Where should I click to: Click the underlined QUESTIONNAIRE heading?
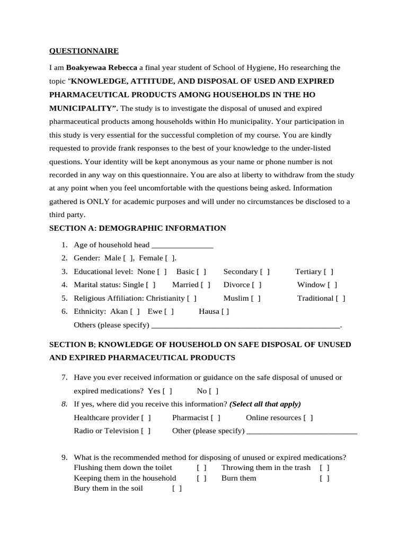click(84, 51)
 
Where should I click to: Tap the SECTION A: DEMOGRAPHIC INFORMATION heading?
click(137, 228)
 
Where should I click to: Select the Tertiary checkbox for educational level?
click(329, 272)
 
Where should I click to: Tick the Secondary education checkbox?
click(265, 272)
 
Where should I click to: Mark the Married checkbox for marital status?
click(206, 285)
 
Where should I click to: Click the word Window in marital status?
click(311, 285)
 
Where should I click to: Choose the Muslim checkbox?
click(256, 298)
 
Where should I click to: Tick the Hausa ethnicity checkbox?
click(225, 312)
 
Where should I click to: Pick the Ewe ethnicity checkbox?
click(169, 312)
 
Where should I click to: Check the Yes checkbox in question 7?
click(167, 391)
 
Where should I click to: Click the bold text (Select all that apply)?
click(265, 404)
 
